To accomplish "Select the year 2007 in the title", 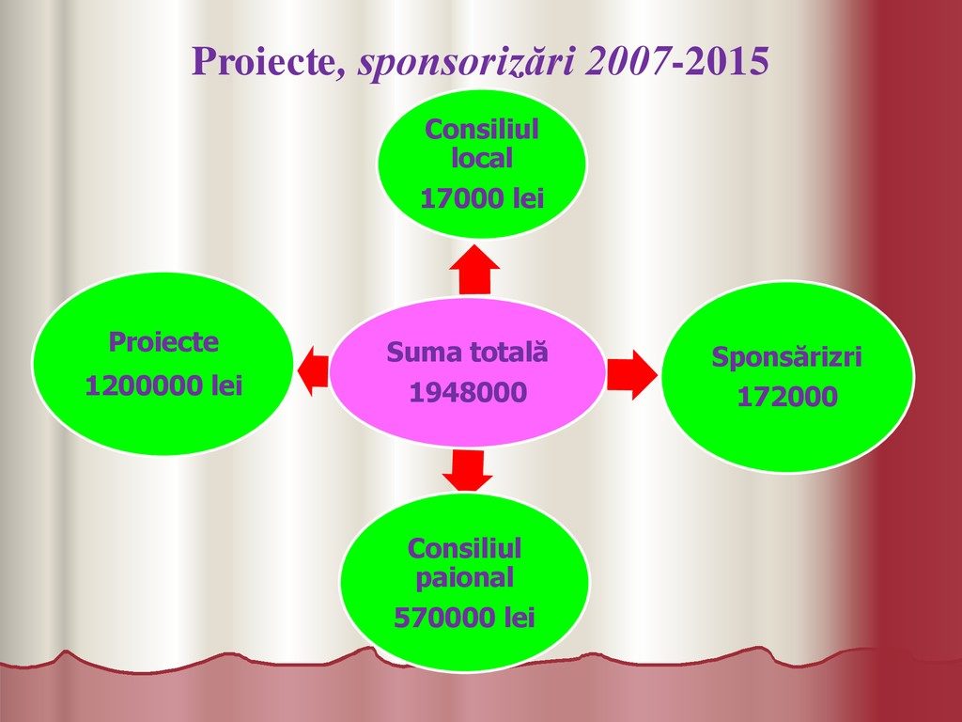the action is click(626, 61).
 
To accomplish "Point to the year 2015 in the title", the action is click(724, 61).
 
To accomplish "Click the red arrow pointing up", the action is click(474, 270).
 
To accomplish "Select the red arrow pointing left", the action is click(313, 370).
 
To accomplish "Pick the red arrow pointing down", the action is click(468, 471).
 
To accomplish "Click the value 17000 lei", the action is click(482, 199).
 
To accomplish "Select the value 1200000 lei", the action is click(163, 386).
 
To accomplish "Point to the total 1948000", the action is click(468, 393).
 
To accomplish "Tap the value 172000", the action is click(787, 397).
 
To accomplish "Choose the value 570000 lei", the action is click(464, 618).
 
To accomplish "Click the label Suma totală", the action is click(468, 353).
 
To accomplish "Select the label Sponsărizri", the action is click(787, 357).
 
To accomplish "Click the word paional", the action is click(464, 578).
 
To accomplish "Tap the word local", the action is click(482, 158).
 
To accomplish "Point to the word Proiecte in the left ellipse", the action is click(163, 342).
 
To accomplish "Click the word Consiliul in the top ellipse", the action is click(482, 130).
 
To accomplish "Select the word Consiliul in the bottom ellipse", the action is click(464, 549).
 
